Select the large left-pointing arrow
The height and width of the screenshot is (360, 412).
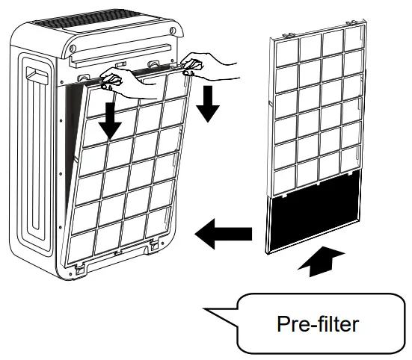(222, 236)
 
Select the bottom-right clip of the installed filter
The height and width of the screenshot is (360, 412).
(155, 243)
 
